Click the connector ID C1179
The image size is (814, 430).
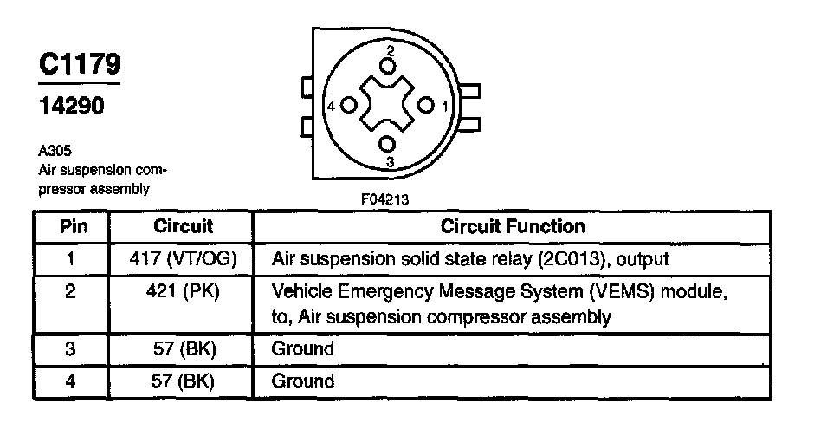click(80, 64)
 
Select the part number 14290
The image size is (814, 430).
click(73, 106)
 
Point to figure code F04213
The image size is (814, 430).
click(385, 199)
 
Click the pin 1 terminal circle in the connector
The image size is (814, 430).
click(425, 105)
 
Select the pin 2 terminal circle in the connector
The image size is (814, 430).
click(388, 66)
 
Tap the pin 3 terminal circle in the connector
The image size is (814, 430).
click(388, 144)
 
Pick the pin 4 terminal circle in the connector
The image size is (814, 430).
click(349, 105)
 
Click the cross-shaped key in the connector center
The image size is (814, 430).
click(387, 105)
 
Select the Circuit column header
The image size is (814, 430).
click(183, 227)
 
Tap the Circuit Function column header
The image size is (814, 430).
click(513, 227)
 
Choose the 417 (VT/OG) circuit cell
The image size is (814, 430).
click(183, 258)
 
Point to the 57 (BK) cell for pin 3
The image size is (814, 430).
click(183, 349)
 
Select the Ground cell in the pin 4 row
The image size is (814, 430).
click(303, 381)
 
